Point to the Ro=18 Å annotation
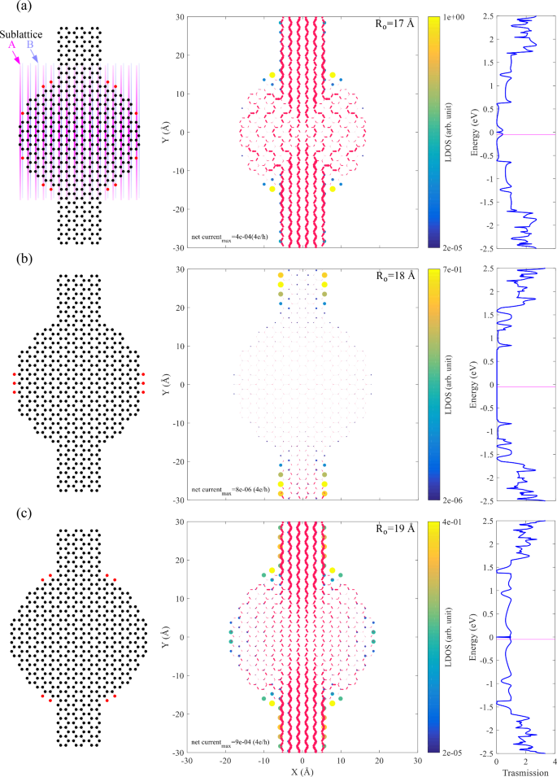(x=389, y=277)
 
